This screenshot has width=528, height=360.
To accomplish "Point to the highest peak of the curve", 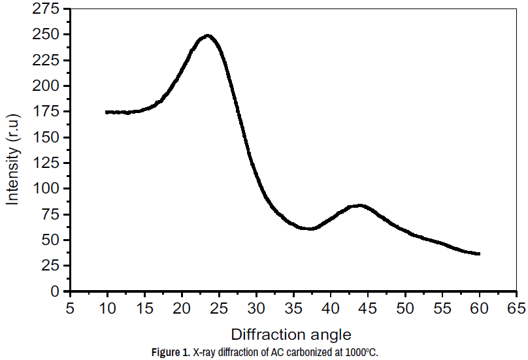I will tap(208, 36).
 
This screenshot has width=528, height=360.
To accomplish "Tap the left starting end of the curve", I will tap(107, 112).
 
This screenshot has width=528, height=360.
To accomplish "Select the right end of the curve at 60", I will tap(479, 254).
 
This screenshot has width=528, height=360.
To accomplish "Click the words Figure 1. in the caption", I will tap(171, 353).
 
